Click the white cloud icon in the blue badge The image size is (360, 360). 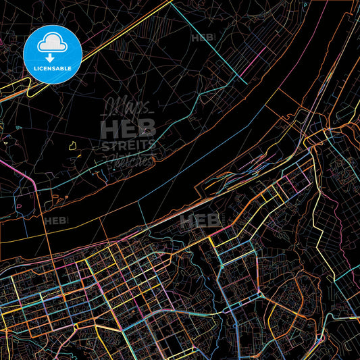click(52, 42)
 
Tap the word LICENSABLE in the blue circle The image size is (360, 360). click(52, 69)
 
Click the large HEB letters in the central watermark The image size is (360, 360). click(128, 128)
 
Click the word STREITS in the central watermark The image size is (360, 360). click(128, 145)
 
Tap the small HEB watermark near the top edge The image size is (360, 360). click(203, 38)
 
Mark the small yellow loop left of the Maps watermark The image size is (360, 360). click(72, 144)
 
